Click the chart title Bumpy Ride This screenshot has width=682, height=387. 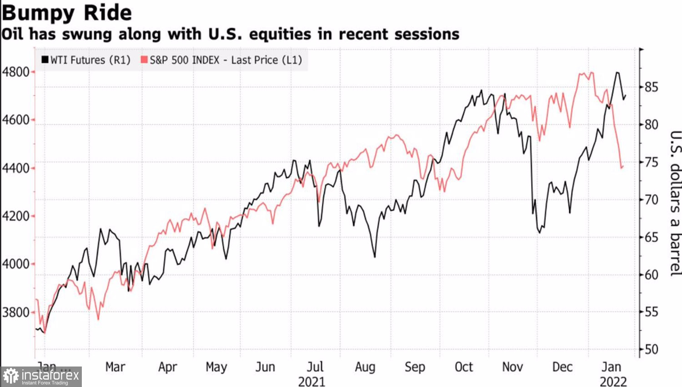67,13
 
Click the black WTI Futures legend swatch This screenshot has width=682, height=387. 45,60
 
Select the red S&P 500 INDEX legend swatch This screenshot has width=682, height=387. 144,60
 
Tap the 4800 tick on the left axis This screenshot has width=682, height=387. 16,72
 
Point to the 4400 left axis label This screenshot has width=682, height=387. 16,168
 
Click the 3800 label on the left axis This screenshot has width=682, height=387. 16,312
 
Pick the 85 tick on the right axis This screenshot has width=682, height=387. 652,87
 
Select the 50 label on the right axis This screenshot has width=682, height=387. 652,349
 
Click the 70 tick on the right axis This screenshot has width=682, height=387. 652,199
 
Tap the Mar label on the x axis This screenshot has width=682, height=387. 115,367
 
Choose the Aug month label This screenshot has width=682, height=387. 365,367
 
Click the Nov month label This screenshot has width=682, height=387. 512,367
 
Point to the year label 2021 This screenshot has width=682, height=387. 311,381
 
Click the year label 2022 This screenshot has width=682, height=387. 613,381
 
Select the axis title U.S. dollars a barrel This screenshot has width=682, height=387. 675,203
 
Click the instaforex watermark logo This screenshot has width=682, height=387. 41,377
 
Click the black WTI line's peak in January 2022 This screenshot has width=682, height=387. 617,72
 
